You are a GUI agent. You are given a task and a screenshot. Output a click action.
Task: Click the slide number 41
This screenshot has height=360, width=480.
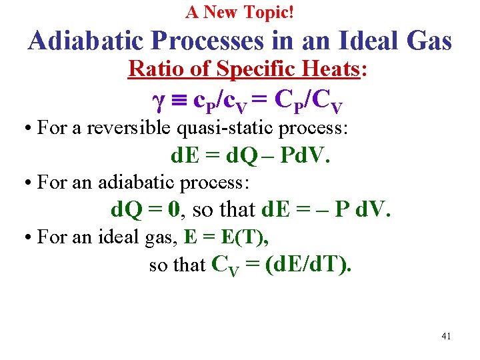[446, 336]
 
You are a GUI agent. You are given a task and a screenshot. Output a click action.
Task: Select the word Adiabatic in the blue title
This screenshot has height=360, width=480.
[86, 42]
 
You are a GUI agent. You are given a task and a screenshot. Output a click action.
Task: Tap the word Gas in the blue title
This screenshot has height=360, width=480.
[427, 42]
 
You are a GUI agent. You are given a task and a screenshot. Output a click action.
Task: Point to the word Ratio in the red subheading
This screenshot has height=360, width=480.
[151, 69]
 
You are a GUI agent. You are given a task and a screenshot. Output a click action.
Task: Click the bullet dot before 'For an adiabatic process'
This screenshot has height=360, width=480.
[31, 183]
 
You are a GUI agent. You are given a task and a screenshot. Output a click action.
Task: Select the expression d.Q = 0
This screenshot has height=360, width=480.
[146, 211]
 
